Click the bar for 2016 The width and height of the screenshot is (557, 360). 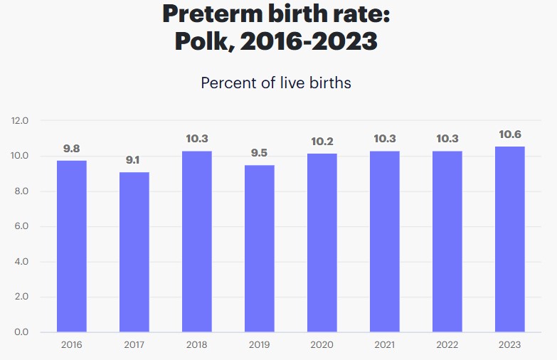pos(72,246)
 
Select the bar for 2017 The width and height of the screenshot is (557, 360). pos(134,252)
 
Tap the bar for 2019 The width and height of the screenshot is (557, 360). pos(260,248)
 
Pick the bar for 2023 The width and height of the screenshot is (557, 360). pos(510,239)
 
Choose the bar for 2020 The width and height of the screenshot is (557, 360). pos(322,243)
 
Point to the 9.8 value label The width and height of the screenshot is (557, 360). pos(72,149)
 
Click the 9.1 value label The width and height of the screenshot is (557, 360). pos(134,161)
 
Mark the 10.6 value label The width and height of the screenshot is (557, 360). pos(510,134)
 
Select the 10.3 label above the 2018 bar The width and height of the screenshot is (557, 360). pos(197,139)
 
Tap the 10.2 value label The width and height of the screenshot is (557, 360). pos(322,142)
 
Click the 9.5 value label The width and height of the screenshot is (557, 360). pos(260,153)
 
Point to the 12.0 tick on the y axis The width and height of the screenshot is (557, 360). pos(20,121)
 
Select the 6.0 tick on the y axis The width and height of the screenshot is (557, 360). pos(20,227)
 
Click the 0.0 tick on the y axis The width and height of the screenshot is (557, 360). pos(20,332)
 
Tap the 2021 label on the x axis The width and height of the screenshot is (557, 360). pos(385,345)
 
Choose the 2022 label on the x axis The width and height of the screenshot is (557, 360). pos(447,345)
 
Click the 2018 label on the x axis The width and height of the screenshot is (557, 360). pos(197,345)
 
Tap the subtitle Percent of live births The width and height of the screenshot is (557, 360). pos(276,83)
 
